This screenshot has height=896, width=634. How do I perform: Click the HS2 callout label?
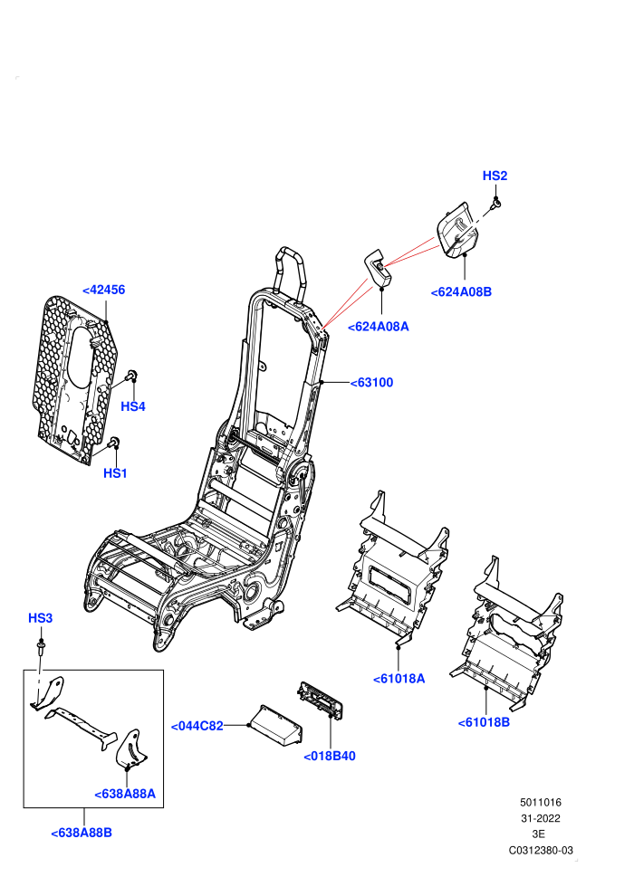pyautogui.click(x=495, y=176)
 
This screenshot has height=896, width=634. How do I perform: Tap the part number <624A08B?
pyautogui.click(x=461, y=292)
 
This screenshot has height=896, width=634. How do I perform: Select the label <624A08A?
pyautogui.click(x=379, y=327)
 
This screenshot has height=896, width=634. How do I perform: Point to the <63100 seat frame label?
pyautogui.click(x=371, y=383)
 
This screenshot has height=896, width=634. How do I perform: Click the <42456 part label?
pyautogui.click(x=103, y=291)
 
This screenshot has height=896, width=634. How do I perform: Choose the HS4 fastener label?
pyautogui.click(x=132, y=407)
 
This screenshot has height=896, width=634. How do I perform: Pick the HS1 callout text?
pyautogui.click(x=115, y=473)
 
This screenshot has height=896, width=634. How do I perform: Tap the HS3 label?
pyautogui.click(x=40, y=618)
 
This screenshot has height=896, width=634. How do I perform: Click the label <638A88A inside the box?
pyautogui.click(x=125, y=795)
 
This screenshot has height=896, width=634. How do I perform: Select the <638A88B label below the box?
pyautogui.click(x=82, y=834)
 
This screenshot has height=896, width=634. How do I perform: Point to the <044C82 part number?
pyautogui.click(x=197, y=726)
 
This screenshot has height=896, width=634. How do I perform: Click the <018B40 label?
pyautogui.click(x=330, y=757)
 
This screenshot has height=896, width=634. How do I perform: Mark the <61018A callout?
pyautogui.click(x=399, y=680)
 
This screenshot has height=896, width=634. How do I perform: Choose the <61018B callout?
pyautogui.click(x=484, y=723)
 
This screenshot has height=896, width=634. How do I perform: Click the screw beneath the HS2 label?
pyautogui.click(x=497, y=203)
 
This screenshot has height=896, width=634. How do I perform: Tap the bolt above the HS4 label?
pyautogui.click(x=131, y=376)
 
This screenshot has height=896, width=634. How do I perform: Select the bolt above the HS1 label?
pyautogui.click(x=113, y=443)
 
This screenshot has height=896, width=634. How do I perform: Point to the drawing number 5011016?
pyautogui.click(x=540, y=803)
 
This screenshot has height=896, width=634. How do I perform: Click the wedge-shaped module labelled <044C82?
pyautogui.click(x=277, y=726)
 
